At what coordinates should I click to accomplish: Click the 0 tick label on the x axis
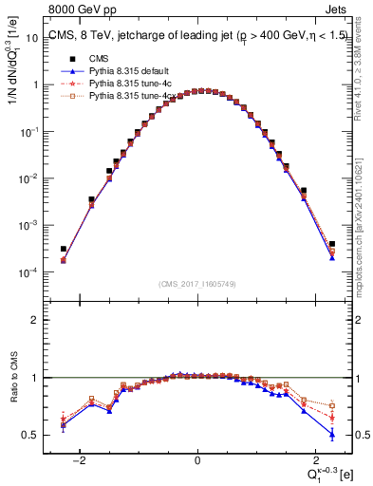(x=197, y=461)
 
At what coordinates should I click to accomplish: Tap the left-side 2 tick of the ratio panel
(x=39, y=320)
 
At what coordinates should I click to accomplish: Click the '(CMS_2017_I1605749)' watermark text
(x=197, y=284)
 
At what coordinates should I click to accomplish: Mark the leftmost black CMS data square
(x=63, y=249)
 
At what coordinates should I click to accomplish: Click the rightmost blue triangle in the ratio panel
(x=332, y=434)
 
